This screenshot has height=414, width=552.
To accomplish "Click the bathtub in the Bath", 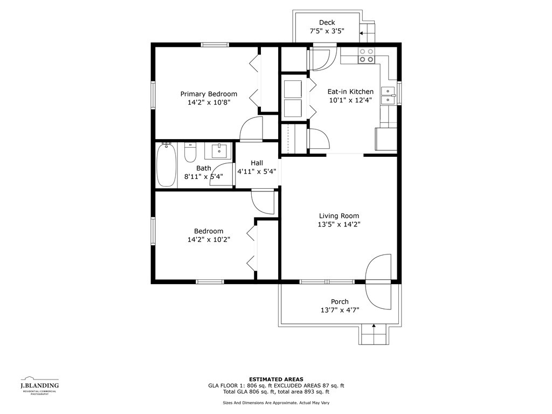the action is click(x=166, y=165).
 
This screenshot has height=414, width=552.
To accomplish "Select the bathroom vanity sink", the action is click(x=219, y=151).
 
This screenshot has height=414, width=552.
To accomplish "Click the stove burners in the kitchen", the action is click(x=366, y=56).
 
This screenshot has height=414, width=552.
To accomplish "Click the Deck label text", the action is click(x=327, y=23).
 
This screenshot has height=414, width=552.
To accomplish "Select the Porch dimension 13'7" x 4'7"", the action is click(x=340, y=310).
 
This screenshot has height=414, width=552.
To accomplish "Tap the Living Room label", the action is click(x=339, y=216).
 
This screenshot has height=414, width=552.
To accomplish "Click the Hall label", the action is click(x=257, y=163).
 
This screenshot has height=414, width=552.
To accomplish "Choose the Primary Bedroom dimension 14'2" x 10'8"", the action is click(x=209, y=102).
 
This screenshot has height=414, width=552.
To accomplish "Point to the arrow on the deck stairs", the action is click(x=364, y=33).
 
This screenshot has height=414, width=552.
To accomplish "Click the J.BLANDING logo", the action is click(x=39, y=385).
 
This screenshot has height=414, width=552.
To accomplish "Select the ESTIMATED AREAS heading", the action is click(x=276, y=379).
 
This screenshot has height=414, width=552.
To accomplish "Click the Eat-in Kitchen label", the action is click(x=350, y=92).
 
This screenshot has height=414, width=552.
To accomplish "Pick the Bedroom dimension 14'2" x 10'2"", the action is click(x=209, y=240).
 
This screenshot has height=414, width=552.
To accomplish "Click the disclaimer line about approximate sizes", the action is click(x=276, y=403).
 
